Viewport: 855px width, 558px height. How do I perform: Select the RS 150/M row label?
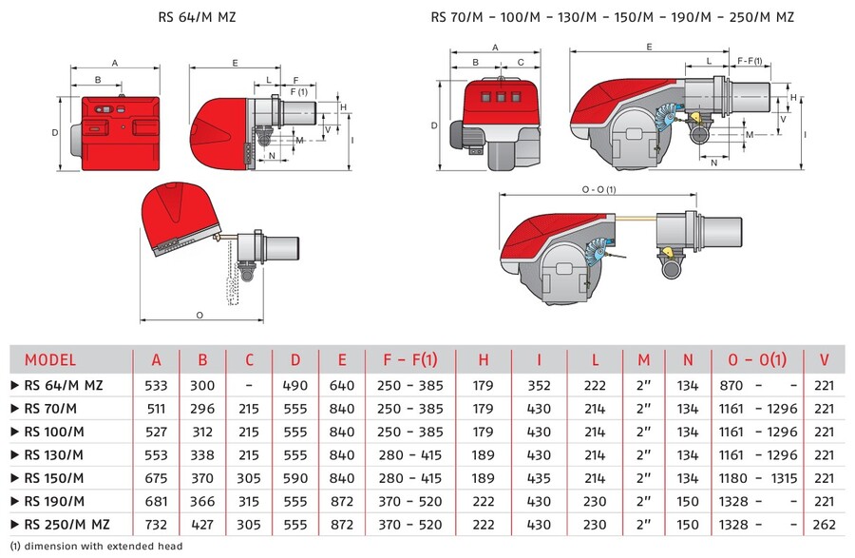tap(54, 478)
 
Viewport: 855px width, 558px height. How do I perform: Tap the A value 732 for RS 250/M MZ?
tap(156, 525)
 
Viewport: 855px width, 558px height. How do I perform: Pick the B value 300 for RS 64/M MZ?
tap(202, 385)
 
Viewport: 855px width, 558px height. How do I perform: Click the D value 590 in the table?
tap(295, 478)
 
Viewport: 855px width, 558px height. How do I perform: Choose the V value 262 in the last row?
tap(824, 525)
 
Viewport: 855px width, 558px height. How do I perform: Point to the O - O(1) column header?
tap(757, 359)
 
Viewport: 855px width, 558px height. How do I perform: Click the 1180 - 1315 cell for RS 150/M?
tap(757, 478)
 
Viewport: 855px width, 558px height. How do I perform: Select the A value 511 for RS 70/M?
tap(156, 409)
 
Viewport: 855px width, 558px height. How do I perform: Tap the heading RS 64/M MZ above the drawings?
tap(201, 17)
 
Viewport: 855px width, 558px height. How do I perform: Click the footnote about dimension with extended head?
tap(96, 547)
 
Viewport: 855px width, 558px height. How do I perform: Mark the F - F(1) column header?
tap(410, 359)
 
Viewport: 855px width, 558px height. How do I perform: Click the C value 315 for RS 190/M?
tap(249, 501)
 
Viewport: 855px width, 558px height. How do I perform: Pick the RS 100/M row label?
tap(54, 432)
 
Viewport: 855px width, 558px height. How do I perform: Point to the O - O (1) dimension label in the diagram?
tap(598, 189)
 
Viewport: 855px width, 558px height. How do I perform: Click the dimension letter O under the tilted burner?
tap(199, 313)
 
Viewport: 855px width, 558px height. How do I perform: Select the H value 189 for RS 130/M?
tap(484, 455)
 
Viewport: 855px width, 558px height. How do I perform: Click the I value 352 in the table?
tap(539, 385)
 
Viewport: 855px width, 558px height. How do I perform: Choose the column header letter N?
tap(687, 359)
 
